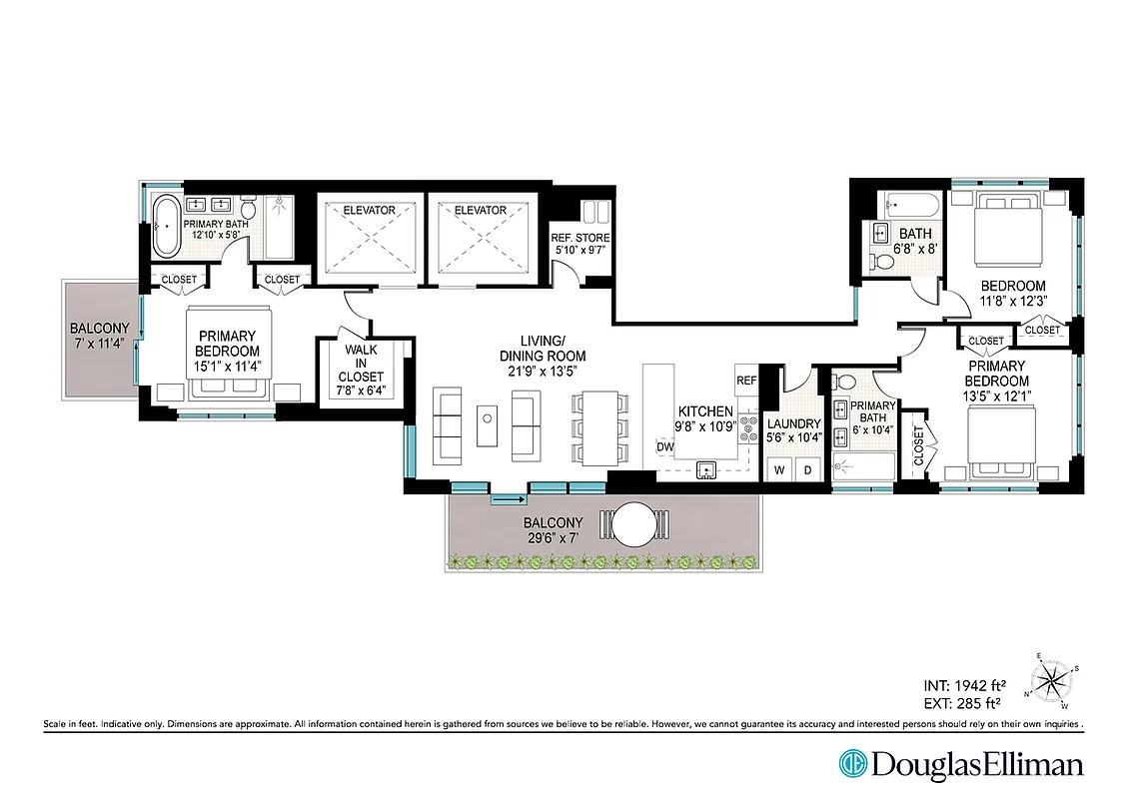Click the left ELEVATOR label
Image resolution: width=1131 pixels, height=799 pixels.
click(369, 211)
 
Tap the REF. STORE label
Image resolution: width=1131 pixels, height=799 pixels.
click(578, 238)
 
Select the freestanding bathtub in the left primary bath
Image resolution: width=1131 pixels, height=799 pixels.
click(165, 228)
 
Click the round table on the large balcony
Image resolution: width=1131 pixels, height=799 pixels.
click(630, 523)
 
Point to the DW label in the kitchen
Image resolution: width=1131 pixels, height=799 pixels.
click(664, 446)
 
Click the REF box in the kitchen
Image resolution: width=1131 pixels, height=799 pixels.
click(746, 381)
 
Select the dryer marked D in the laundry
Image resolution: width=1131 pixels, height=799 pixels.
click(808, 468)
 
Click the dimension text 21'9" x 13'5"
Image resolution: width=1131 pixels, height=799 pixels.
click(542, 372)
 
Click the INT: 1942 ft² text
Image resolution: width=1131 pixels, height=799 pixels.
click(963, 686)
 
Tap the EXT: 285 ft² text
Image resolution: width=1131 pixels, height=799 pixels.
click(963, 703)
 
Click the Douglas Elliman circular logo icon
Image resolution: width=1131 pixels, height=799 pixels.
click(852, 765)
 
